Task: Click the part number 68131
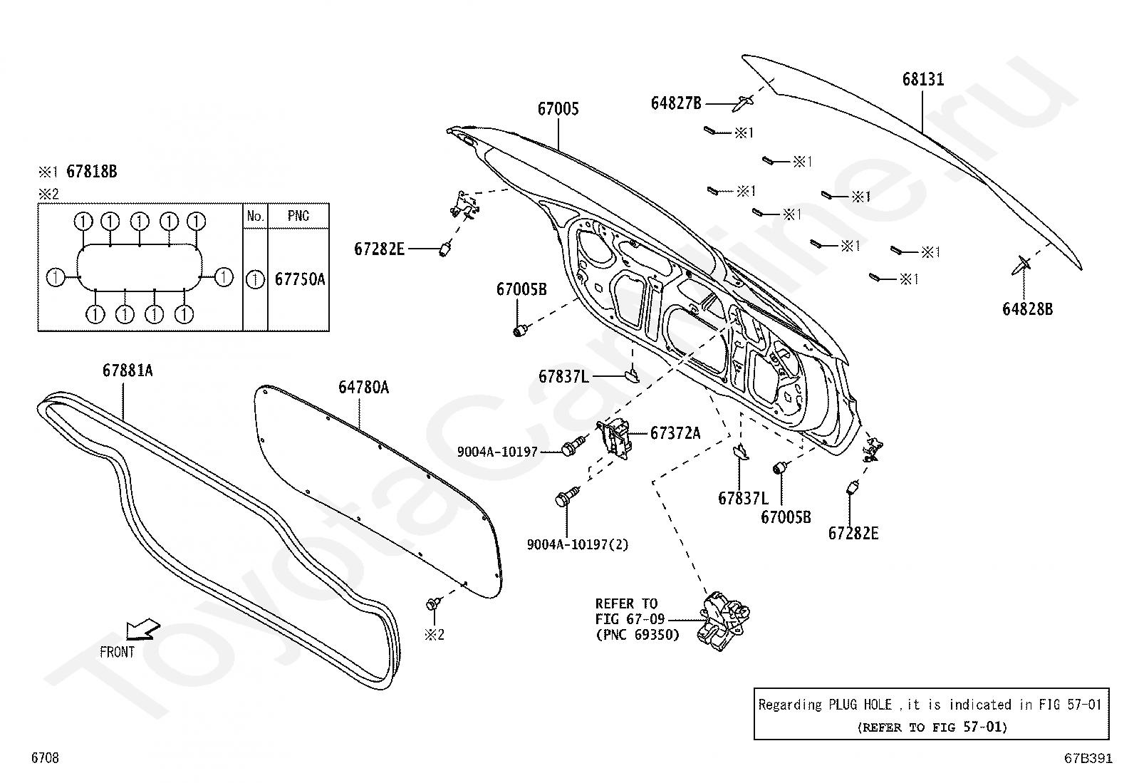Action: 923,80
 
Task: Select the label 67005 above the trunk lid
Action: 558,109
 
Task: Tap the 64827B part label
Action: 677,103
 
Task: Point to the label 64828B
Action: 1028,309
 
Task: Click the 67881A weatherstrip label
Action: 128,370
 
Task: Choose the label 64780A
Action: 363,388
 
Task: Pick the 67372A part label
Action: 675,434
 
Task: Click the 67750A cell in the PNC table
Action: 300,279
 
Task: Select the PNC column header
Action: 298,217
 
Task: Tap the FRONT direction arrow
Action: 142,630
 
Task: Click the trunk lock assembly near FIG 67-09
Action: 723,620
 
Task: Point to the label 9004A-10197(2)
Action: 578,545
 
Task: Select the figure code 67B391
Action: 1088,758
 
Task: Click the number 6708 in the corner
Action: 45,757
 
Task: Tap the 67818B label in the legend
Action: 92,172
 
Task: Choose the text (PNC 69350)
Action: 638,635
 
